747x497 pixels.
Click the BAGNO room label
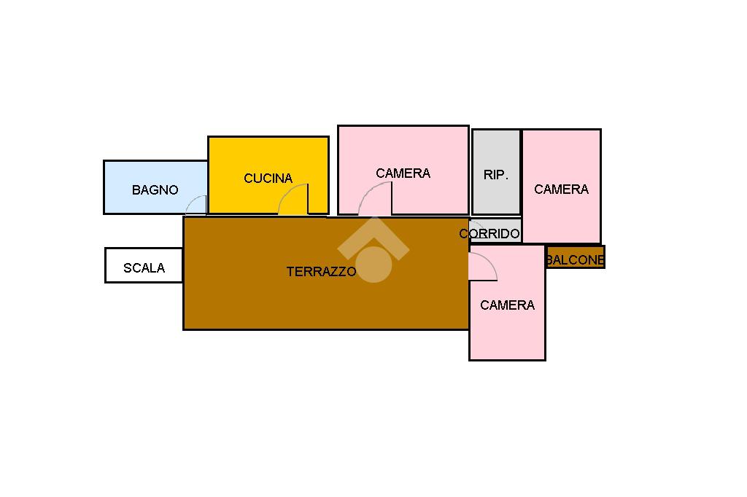coord(155,190)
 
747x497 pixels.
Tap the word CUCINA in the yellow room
coord(268,178)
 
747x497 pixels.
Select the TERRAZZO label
coord(321,271)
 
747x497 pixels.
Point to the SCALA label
coord(144,268)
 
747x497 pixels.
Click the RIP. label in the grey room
coord(495,175)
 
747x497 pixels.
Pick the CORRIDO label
coord(489,233)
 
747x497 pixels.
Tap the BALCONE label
coord(575,260)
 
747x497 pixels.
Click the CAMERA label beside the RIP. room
coord(561,189)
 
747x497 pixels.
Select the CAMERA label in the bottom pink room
coord(507,305)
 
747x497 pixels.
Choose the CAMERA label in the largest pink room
coord(403,173)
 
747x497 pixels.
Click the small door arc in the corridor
coord(479,224)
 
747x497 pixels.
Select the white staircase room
coord(144,265)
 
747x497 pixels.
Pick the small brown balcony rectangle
coord(576,257)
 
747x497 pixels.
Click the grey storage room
coord(496,172)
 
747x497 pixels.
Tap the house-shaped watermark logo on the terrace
coord(373,250)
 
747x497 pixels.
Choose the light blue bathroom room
coord(155,187)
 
